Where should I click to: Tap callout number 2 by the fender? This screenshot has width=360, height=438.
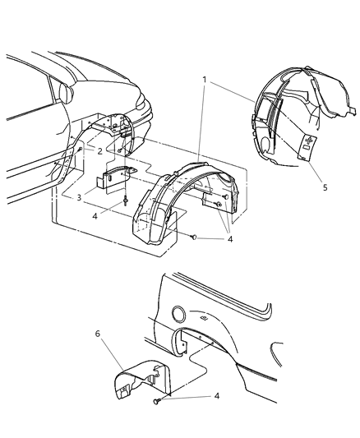tap(99, 152)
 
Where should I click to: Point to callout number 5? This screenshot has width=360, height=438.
tap(325, 187)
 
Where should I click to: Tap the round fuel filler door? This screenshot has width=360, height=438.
tap(178, 313)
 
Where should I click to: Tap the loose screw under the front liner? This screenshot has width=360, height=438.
tap(192, 237)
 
